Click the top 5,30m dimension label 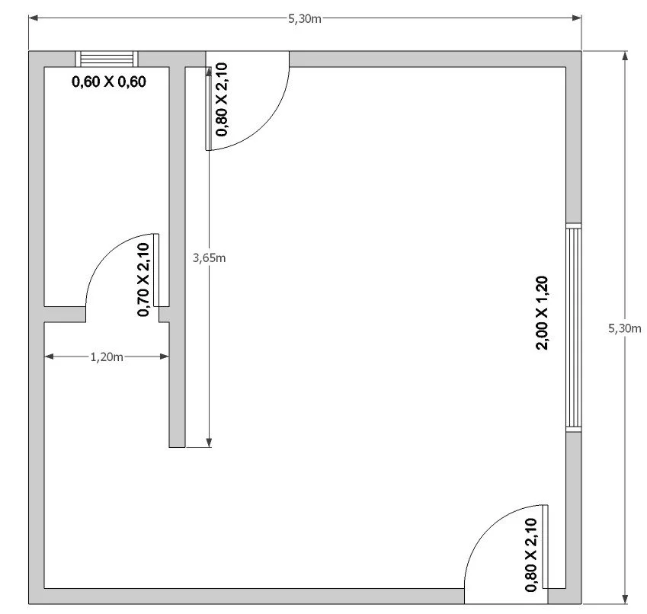coord(305,19)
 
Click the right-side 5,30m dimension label coord(625,328)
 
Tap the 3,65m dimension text coord(210,258)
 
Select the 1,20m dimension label coord(107,357)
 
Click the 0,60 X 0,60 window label coord(109,82)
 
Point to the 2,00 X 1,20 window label coord(542,313)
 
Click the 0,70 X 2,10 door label coord(143,280)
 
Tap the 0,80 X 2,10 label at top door coord(222,99)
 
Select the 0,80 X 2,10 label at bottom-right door coord(531,555)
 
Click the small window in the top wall coord(107,59)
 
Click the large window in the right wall coord(574,328)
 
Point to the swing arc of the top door coord(266,126)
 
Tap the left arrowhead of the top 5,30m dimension coord(33,18)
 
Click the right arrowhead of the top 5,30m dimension coord(577,18)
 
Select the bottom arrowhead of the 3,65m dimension coord(209,443)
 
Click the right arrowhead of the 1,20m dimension coord(164,357)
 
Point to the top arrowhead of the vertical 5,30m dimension coord(625,56)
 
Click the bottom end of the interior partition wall coord(177,447)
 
